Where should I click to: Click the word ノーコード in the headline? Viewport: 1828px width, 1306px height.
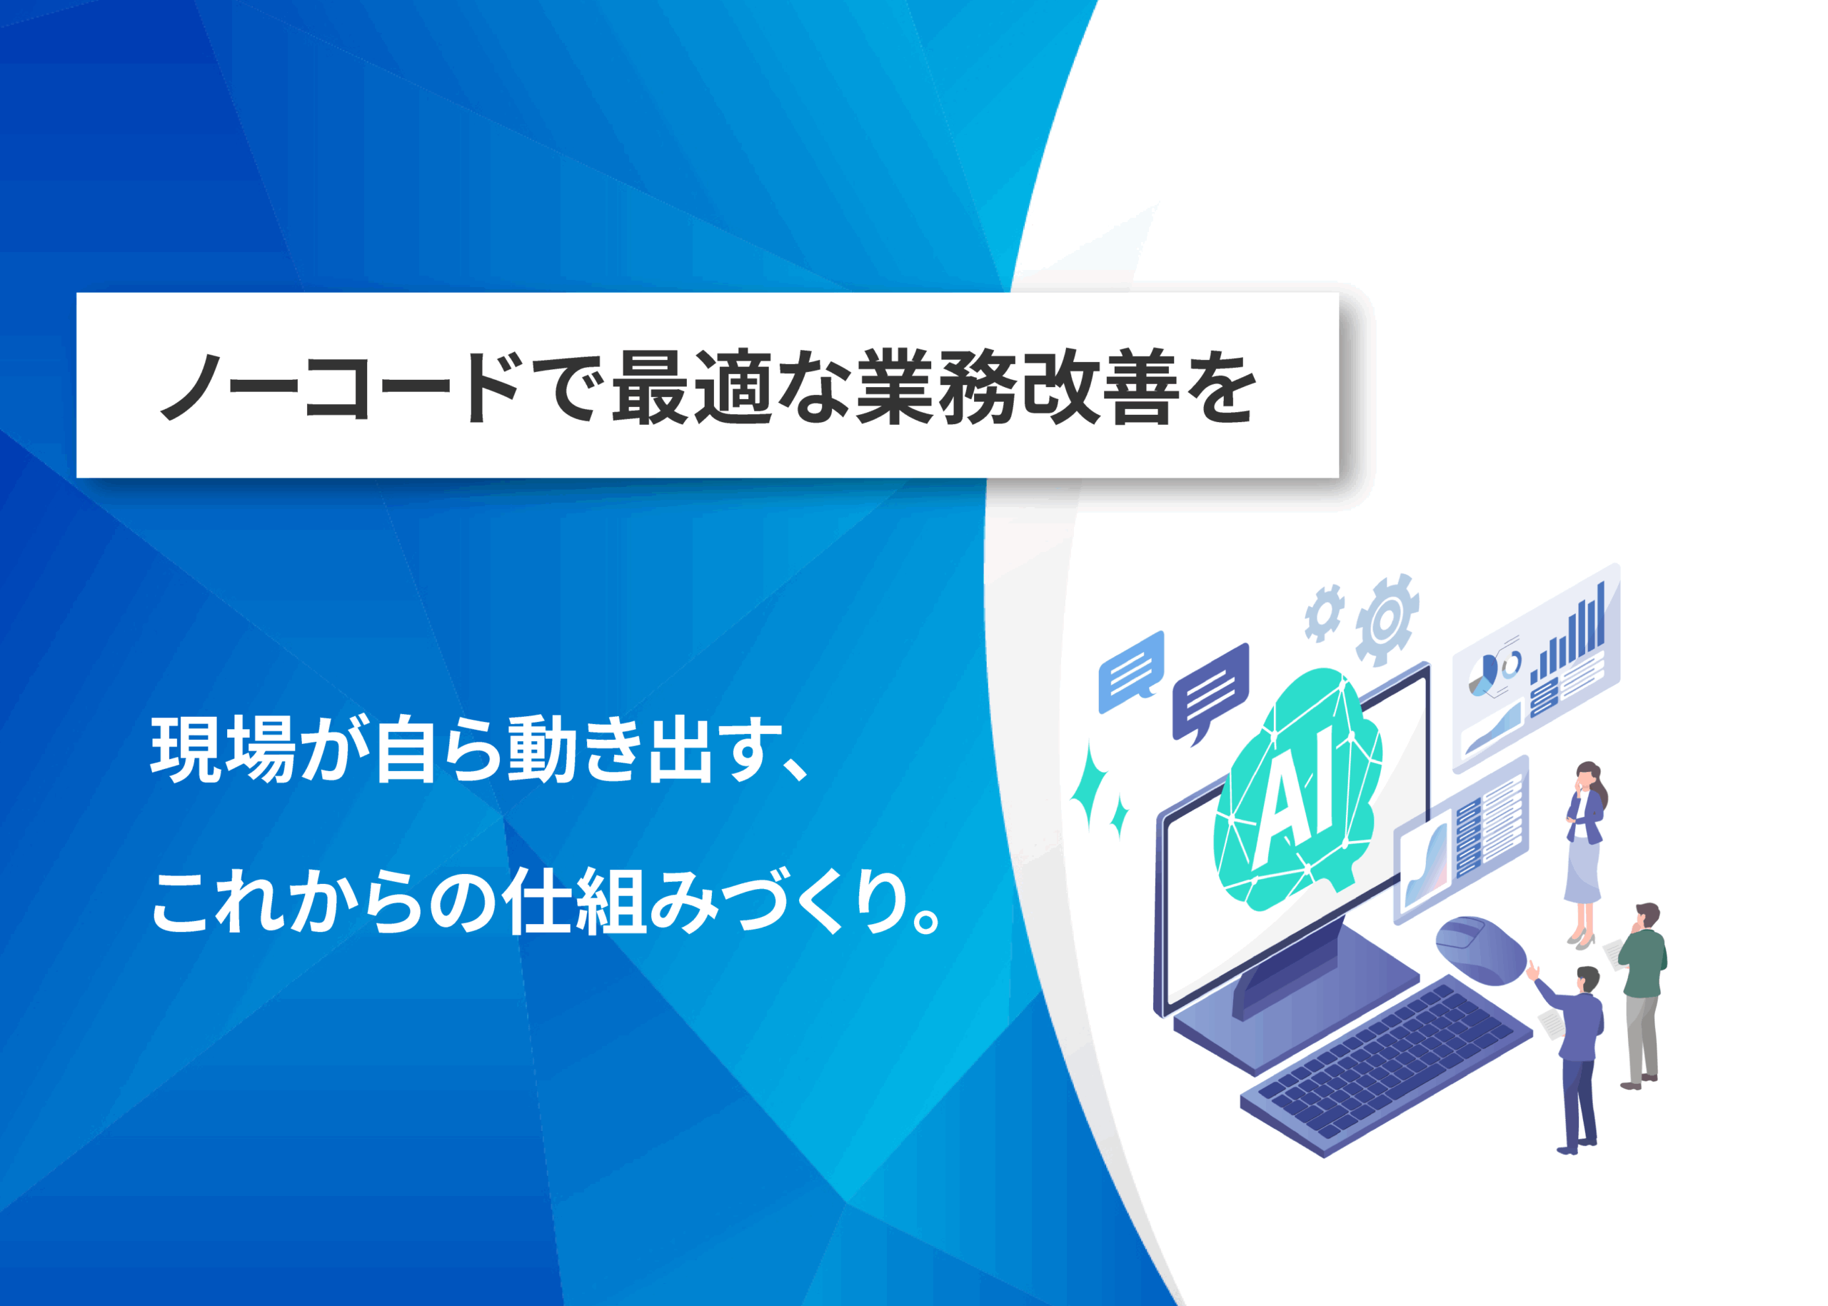[338, 388]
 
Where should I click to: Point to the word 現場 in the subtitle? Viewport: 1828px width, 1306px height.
[223, 750]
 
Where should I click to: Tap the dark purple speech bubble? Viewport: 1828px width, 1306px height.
[1210, 693]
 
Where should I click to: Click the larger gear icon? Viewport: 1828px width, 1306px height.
[1386, 619]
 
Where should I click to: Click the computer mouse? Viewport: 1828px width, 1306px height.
[1480, 949]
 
